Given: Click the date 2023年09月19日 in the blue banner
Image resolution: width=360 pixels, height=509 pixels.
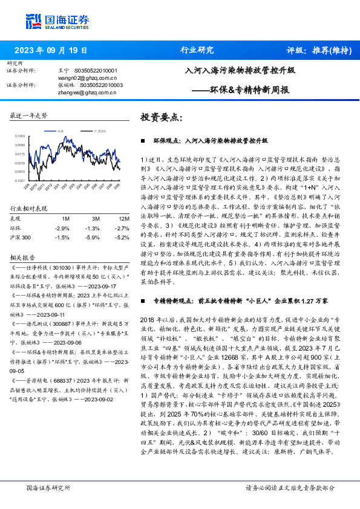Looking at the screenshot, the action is click(50, 50).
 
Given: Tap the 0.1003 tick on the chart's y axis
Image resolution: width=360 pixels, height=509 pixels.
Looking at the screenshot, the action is click(20, 136).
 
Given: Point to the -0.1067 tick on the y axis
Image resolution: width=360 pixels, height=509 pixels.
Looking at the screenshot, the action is click(20, 180).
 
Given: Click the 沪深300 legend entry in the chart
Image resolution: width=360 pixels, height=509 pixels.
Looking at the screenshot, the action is click(100, 130).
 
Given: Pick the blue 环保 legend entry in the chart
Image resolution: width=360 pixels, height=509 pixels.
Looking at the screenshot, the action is click(57, 130).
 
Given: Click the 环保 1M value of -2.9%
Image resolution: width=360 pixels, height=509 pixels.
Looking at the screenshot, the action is click(62, 228).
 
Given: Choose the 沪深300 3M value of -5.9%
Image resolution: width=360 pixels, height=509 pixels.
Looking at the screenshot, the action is click(92, 238).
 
